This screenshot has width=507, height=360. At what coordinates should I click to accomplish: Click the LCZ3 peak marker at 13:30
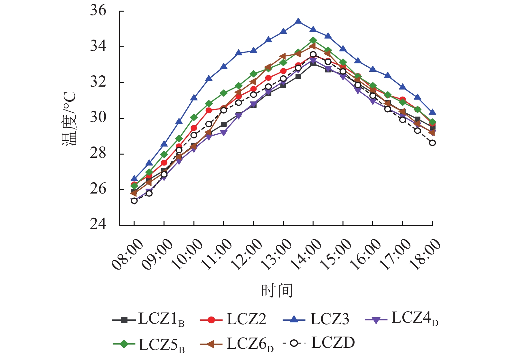click(298, 21)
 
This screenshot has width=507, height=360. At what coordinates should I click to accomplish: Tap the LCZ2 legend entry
click(233, 319)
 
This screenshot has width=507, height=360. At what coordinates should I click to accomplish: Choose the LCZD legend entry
click(319, 343)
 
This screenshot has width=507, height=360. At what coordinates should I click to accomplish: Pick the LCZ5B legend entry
click(149, 344)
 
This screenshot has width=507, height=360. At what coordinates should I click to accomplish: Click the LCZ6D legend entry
click(237, 344)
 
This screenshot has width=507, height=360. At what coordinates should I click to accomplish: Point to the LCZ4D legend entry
click(401, 319)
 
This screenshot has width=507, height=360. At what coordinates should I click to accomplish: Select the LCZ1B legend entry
click(148, 319)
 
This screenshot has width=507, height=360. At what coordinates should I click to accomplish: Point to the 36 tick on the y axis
click(98, 11)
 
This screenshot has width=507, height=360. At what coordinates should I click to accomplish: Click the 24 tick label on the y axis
click(98, 224)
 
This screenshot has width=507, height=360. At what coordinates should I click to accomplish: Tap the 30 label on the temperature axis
click(98, 118)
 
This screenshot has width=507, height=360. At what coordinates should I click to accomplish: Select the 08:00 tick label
click(127, 254)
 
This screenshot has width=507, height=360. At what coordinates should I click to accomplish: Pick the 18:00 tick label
click(425, 254)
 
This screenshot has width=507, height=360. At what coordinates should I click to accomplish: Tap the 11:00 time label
click(217, 254)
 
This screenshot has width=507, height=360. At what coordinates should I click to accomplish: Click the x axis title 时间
click(277, 290)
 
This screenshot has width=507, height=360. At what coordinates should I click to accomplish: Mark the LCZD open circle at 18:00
click(432, 143)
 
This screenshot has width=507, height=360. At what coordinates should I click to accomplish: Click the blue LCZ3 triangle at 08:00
click(134, 179)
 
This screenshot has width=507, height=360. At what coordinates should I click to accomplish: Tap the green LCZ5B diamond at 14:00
click(313, 41)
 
